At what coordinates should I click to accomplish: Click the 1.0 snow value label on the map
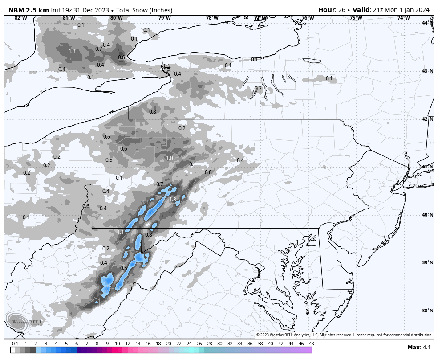click(x=169, y=158)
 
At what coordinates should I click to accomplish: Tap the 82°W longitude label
click(x=20, y=18)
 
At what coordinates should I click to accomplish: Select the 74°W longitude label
click(x=403, y=18)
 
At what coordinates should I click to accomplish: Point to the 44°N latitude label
click(x=427, y=23)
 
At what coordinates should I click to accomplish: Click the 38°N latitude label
click(x=427, y=311)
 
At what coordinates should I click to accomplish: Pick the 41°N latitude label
click(x=427, y=167)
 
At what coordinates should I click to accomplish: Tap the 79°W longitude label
click(x=164, y=18)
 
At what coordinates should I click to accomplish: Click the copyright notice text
click(x=344, y=335)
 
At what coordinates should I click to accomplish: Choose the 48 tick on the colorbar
click(x=311, y=344)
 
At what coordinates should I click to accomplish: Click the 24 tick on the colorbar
click(x=189, y=344)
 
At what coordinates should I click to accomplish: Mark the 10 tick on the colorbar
click(x=118, y=344)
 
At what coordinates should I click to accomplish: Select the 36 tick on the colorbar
click(x=250, y=344)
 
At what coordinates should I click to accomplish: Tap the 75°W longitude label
click(x=356, y=18)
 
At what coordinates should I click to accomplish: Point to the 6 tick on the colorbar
click(x=77, y=344)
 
